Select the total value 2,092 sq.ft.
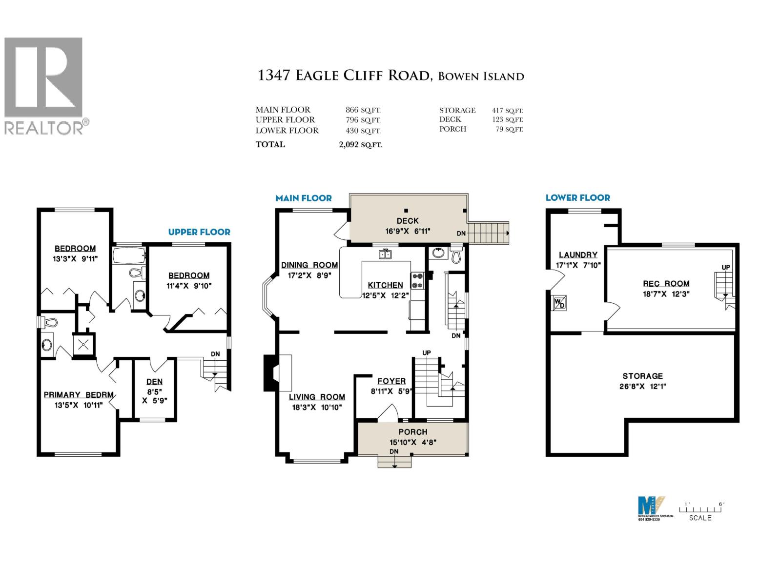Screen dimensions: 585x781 click(360, 145)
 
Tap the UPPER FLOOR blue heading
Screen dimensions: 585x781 click(199, 232)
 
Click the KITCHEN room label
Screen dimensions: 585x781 click(385, 285)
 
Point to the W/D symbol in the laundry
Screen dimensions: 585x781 click(559, 303)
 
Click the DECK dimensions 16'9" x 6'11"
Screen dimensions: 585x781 click(408, 231)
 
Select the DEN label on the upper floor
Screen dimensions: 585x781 click(154, 382)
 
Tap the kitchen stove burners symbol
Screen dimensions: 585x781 click(418, 280)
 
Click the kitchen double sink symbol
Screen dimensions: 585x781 click(385, 254)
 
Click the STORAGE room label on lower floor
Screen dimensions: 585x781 click(642, 376)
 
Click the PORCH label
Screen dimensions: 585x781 click(412, 432)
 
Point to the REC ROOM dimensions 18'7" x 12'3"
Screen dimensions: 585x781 click(666, 294)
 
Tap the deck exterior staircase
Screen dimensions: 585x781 click(488, 233)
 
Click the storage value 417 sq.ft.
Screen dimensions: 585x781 click(507, 111)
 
